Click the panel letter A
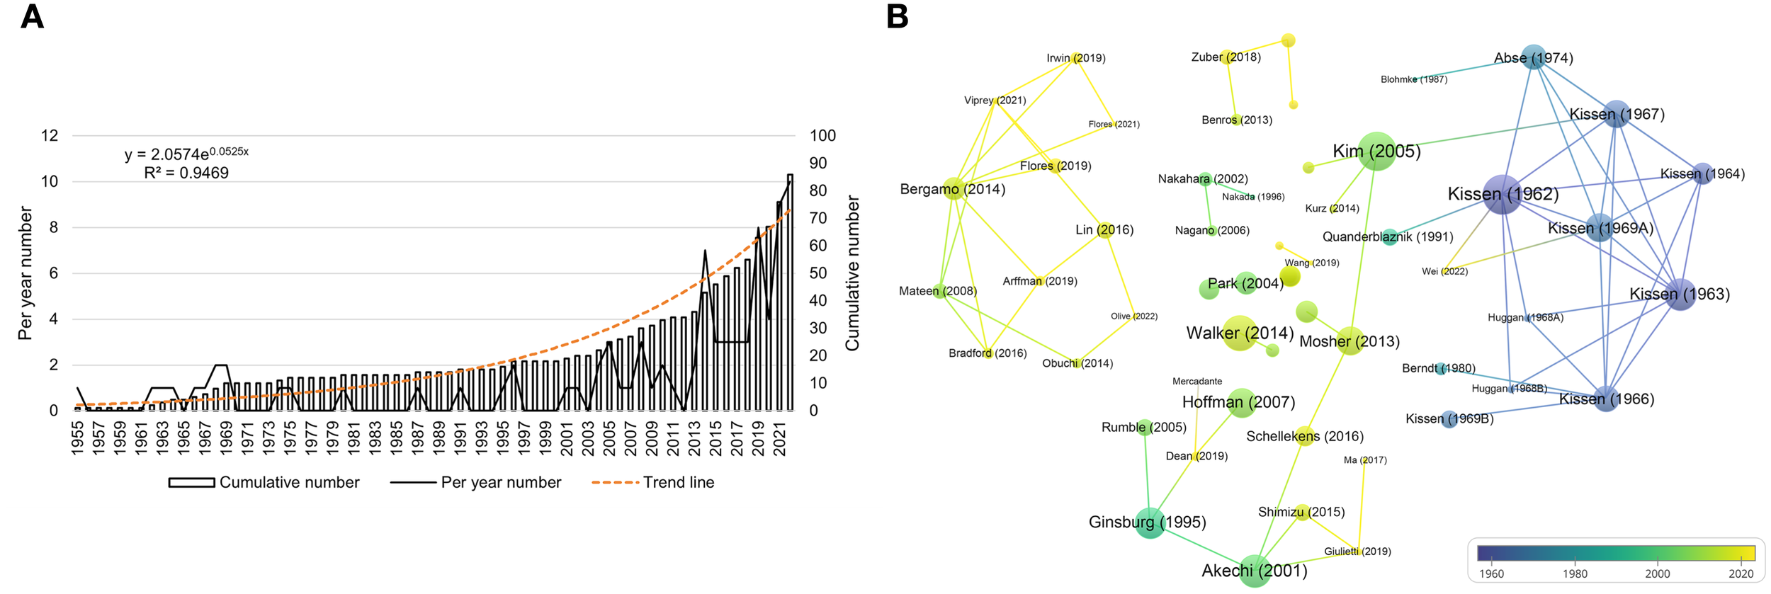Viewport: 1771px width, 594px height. [x=32, y=16]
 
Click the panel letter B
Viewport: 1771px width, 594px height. [x=897, y=16]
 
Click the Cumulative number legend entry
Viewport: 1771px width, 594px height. [x=264, y=482]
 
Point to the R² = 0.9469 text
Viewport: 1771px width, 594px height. [x=186, y=173]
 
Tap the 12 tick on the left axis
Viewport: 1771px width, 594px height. [x=50, y=135]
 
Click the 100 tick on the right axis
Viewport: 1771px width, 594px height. [x=822, y=135]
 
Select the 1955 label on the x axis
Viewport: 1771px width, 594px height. [x=77, y=438]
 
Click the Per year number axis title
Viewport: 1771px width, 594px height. [x=26, y=273]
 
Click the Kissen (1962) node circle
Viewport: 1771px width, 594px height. [x=1502, y=195]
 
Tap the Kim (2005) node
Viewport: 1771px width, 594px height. [x=1376, y=151]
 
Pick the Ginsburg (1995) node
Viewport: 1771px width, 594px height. [x=1150, y=522]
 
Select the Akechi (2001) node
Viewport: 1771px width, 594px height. [x=1255, y=570]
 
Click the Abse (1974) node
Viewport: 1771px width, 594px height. [x=1534, y=57]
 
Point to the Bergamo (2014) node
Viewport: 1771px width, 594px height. [x=954, y=189]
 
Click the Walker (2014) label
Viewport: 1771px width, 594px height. [x=1240, y=333]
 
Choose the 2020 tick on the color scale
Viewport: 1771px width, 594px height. [x=1741, y=573]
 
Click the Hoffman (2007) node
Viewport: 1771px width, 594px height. [x=1241, y=402]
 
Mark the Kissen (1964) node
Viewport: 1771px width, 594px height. [x=1702, y=173]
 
